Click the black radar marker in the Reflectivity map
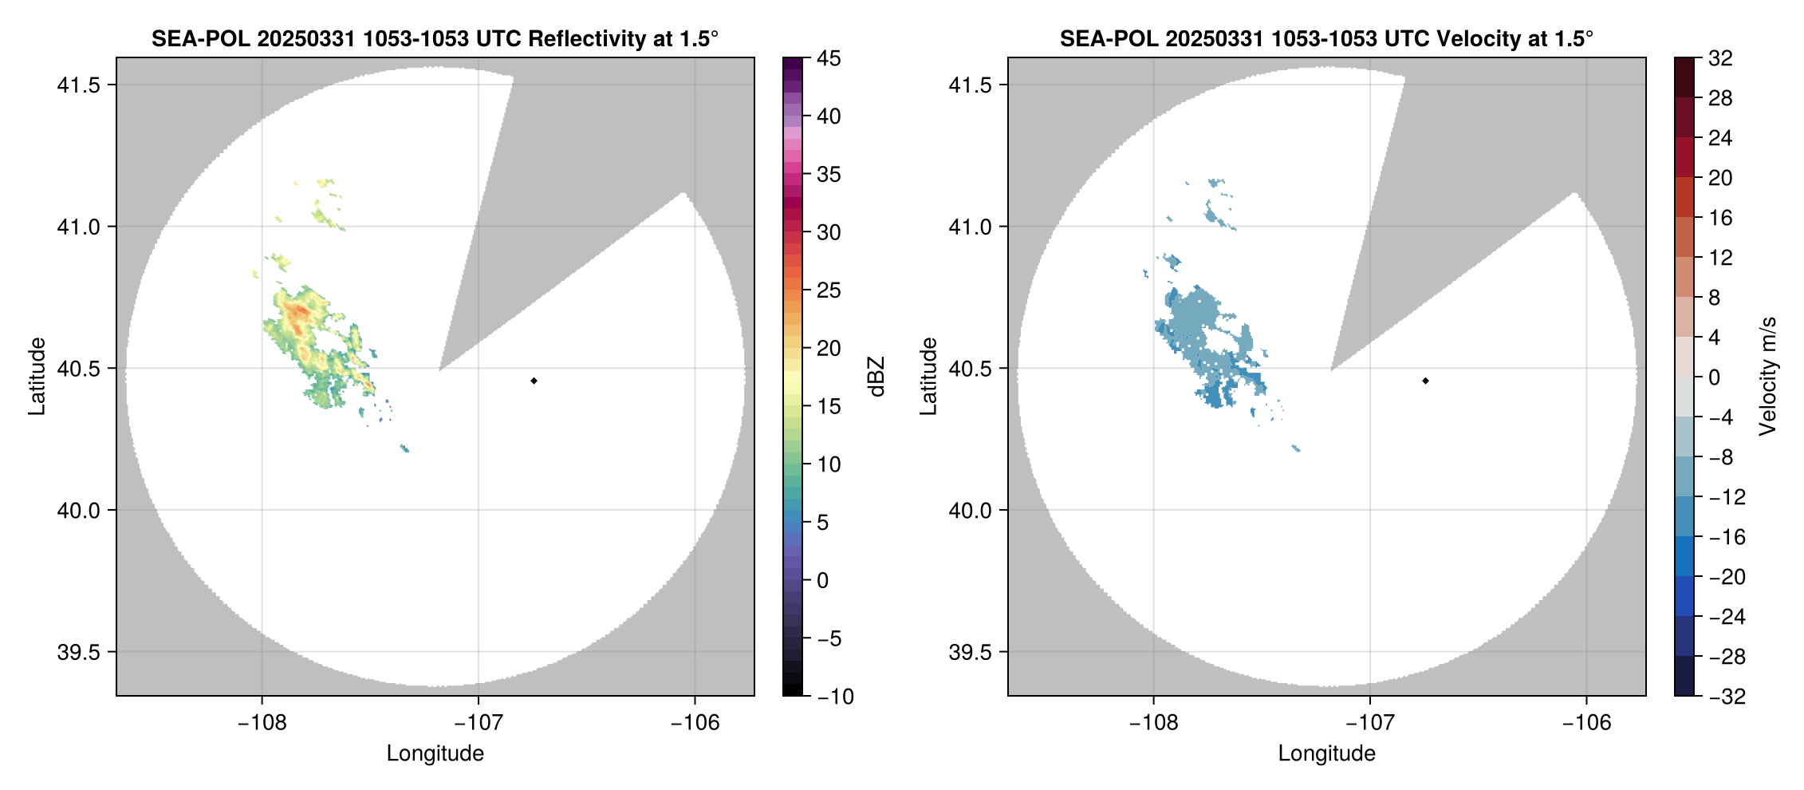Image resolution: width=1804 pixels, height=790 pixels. point(534,381)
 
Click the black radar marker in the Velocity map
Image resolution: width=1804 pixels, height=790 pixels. point(1425,381)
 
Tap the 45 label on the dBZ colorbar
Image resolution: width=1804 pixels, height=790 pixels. point(829,58)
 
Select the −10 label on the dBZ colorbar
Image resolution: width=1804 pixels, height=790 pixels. point(835,697)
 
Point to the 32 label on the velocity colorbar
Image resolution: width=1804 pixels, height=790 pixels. point(1720,58)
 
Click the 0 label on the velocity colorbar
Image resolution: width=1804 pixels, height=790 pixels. point(1715,377)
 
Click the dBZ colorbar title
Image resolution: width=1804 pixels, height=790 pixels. point(876,377)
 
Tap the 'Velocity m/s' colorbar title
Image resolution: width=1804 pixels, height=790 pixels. point(1768,377)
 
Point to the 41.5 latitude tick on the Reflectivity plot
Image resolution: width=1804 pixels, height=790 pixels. point(78,85)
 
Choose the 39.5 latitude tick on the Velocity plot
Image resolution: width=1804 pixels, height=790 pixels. point(970,652)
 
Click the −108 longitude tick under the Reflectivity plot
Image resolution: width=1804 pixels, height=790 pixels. point(262,723)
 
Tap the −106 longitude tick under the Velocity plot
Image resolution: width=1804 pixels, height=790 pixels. point(1586,723)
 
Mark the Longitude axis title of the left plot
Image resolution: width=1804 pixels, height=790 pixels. point(435,753)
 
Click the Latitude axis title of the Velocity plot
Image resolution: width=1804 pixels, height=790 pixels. point(928,377)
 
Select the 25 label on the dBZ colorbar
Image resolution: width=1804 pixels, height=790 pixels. point(829,290)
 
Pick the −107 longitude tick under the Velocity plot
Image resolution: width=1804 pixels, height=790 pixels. point(1369,723)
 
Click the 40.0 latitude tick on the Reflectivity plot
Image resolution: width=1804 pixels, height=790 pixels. point(78,511)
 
